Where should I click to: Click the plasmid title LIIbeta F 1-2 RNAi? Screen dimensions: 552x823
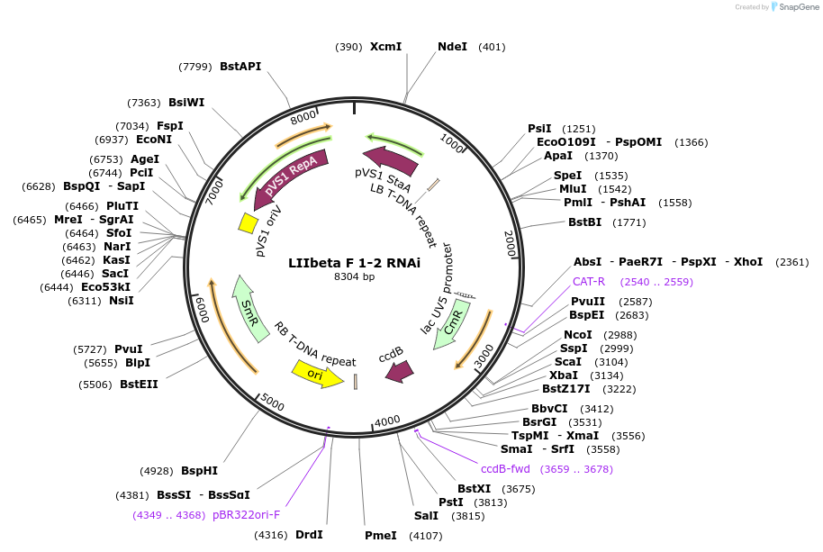(354, 264)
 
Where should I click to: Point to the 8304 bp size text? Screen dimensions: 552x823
(354, 276)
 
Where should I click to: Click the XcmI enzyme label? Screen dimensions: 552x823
(385, 46)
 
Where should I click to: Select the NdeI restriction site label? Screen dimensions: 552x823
(452, 46)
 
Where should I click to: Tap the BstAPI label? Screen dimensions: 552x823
(240, 66)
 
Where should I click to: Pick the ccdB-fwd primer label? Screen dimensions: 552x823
(505, 469)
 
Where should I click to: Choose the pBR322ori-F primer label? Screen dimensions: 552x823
(246, 515)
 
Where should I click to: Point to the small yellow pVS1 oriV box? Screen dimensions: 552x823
(247, 222)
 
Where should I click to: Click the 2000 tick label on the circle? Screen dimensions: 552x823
(510, 243)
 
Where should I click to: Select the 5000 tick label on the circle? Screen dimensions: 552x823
(273, 404)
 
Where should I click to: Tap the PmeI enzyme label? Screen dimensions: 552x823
(380, 536)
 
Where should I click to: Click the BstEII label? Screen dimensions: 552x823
(139, 385)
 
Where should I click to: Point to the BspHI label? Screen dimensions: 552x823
(199, 470)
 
